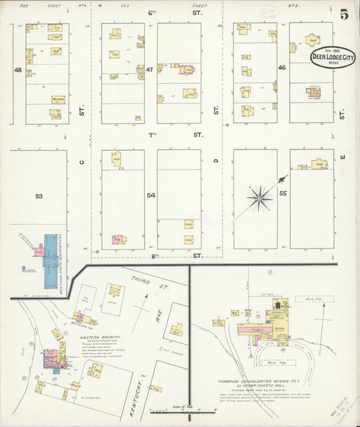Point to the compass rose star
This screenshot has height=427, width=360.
coord(260,197)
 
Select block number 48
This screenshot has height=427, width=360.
coord(17,70)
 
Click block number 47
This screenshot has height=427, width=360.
coord(150,70)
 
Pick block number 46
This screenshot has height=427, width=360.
coord(282,68)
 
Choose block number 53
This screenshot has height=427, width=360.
coord(38,196)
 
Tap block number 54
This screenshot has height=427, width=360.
coord(151,195)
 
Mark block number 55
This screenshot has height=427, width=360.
coord(283,193)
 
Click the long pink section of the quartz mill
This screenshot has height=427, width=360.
coord(253,328)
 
